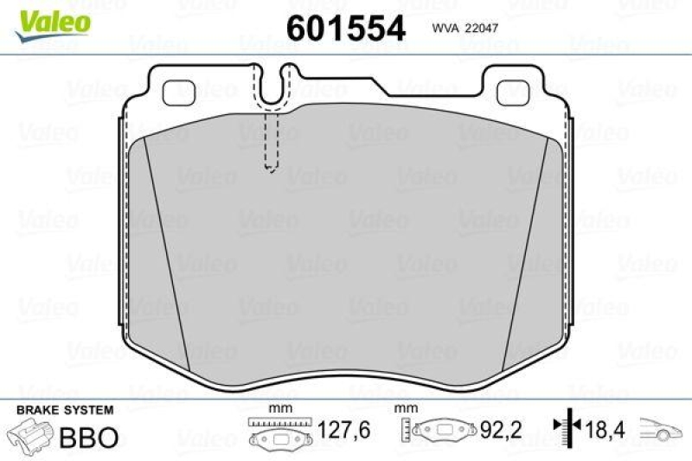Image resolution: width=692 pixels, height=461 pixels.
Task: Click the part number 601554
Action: point(345,28)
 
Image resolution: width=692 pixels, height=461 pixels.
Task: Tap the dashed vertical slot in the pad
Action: point(271,143)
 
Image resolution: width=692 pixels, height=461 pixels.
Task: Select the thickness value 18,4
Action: point(606,430)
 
